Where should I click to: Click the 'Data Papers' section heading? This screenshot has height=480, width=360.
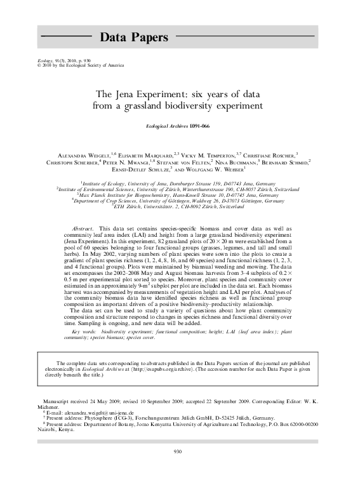[x=134, y=37]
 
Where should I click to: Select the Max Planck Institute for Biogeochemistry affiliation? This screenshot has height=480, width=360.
[x=180, y=195]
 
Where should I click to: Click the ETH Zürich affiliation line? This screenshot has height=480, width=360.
[x=180, y=206]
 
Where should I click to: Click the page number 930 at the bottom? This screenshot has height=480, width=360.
[x=178, y=451]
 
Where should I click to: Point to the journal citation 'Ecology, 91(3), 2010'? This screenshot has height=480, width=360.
[x=59, y=60]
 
